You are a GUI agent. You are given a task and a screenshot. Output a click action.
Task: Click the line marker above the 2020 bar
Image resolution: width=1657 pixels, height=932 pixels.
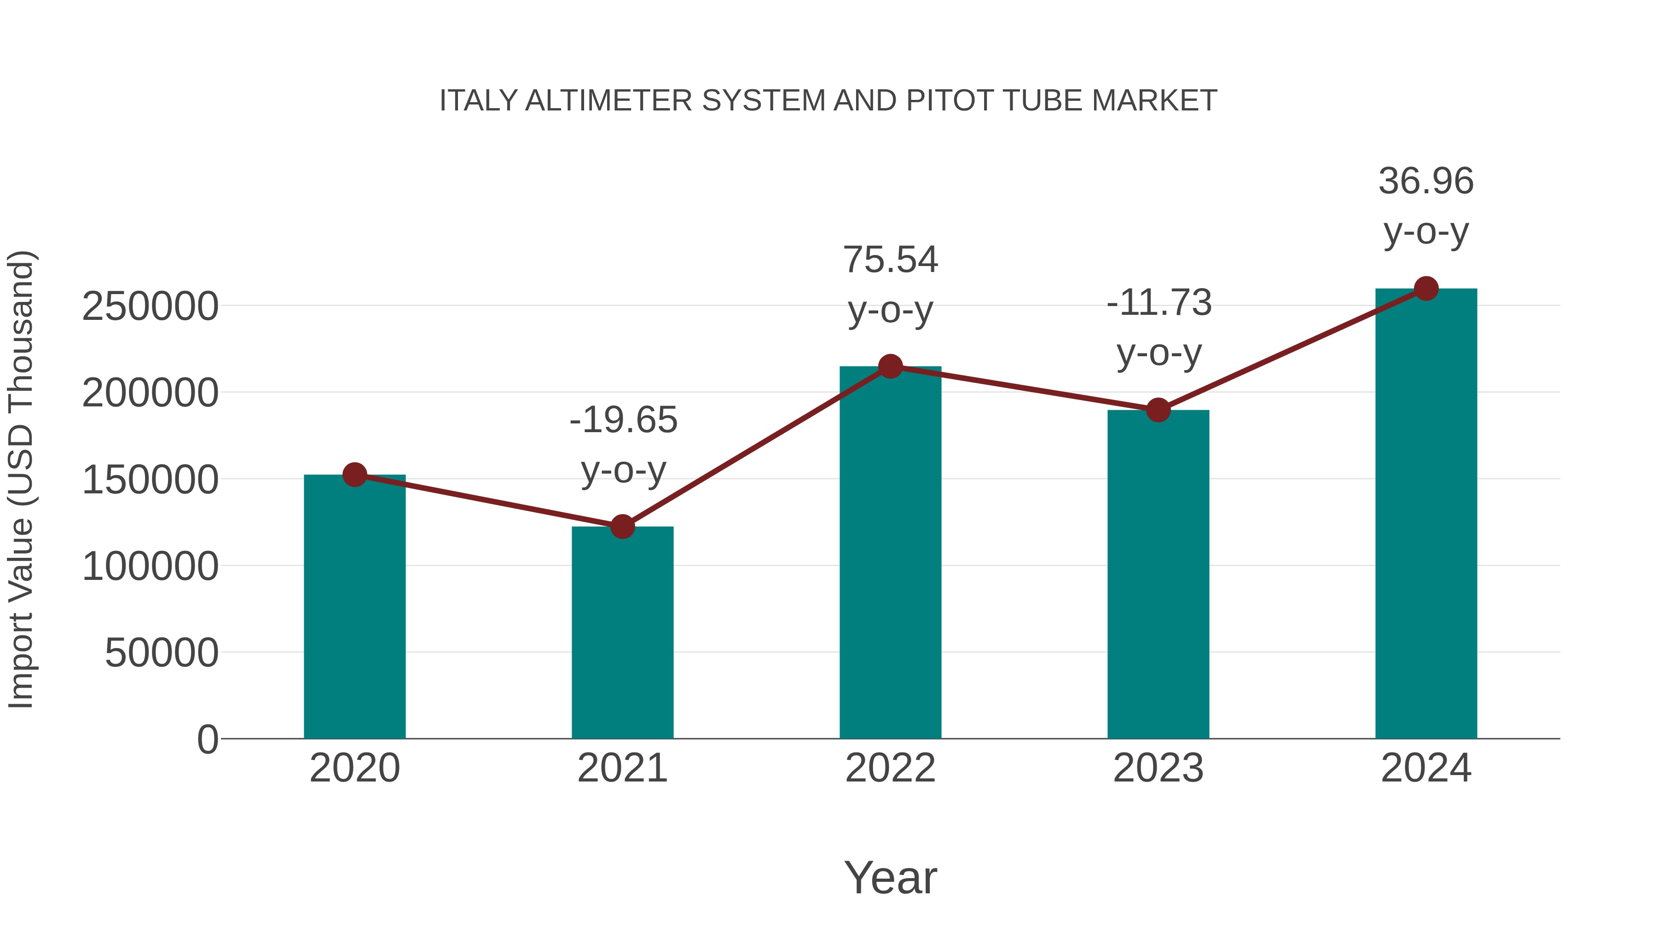[354, 475]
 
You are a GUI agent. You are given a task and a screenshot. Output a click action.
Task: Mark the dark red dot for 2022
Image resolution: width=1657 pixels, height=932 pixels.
[890, 367]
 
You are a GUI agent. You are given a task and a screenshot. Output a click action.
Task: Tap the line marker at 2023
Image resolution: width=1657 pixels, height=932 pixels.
[1158, 410]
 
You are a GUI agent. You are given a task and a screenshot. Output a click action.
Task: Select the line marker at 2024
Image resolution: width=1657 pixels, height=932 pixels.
[1426, 289]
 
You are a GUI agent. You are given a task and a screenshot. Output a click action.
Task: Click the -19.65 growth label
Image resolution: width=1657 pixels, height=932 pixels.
[623, 421]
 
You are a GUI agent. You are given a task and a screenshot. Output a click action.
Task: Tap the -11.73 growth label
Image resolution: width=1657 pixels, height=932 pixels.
[1159, 303]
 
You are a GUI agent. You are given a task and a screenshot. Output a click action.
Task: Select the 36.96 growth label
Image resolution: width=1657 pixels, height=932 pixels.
[1426, 181]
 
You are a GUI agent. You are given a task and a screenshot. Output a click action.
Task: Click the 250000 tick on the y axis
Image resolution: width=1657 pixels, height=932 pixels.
[150, 306]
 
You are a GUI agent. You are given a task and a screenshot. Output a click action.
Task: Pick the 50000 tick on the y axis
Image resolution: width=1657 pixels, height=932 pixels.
[162, 653]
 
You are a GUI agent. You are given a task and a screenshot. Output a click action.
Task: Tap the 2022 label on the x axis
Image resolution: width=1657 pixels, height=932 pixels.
[890, 768]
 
